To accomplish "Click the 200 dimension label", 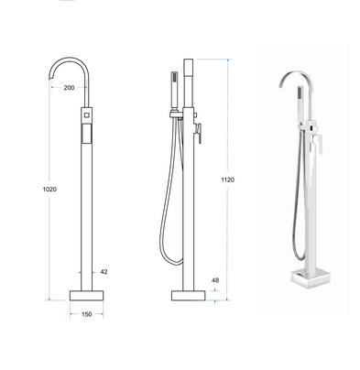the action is pos(69,88).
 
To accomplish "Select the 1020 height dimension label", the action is pos(49,190).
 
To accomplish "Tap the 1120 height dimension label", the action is pos(228,180).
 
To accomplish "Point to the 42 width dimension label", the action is pos(104,272).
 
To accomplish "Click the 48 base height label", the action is pos(215,280).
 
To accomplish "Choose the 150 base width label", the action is pos(87,314).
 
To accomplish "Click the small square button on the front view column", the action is pos(87,115).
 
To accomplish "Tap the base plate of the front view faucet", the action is pos(86,296).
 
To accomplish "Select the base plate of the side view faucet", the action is pos(189,296).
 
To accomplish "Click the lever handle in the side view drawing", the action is pos(198,131).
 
